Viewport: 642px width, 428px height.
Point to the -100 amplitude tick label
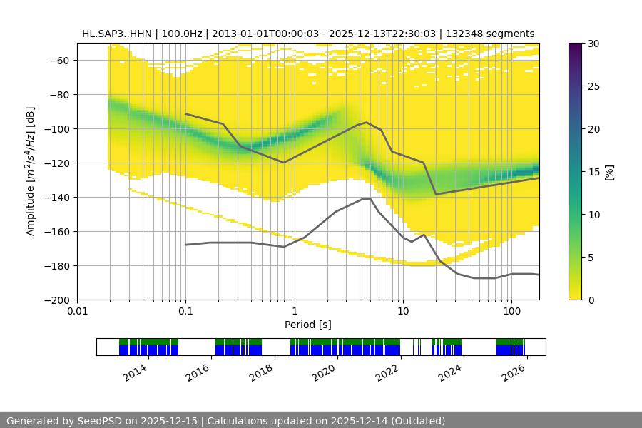58,128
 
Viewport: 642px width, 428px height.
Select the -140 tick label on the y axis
58,197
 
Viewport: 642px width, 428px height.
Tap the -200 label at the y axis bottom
58,300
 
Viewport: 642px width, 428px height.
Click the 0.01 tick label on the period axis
77,312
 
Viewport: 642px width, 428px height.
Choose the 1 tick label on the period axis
294,312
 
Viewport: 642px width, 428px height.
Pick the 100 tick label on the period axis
511,312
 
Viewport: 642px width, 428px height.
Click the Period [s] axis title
308,325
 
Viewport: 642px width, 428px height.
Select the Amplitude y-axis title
31,171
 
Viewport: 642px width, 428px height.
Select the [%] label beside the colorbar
609,171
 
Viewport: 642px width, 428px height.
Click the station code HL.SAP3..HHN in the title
115,34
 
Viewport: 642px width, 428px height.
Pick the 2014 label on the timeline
134,372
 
